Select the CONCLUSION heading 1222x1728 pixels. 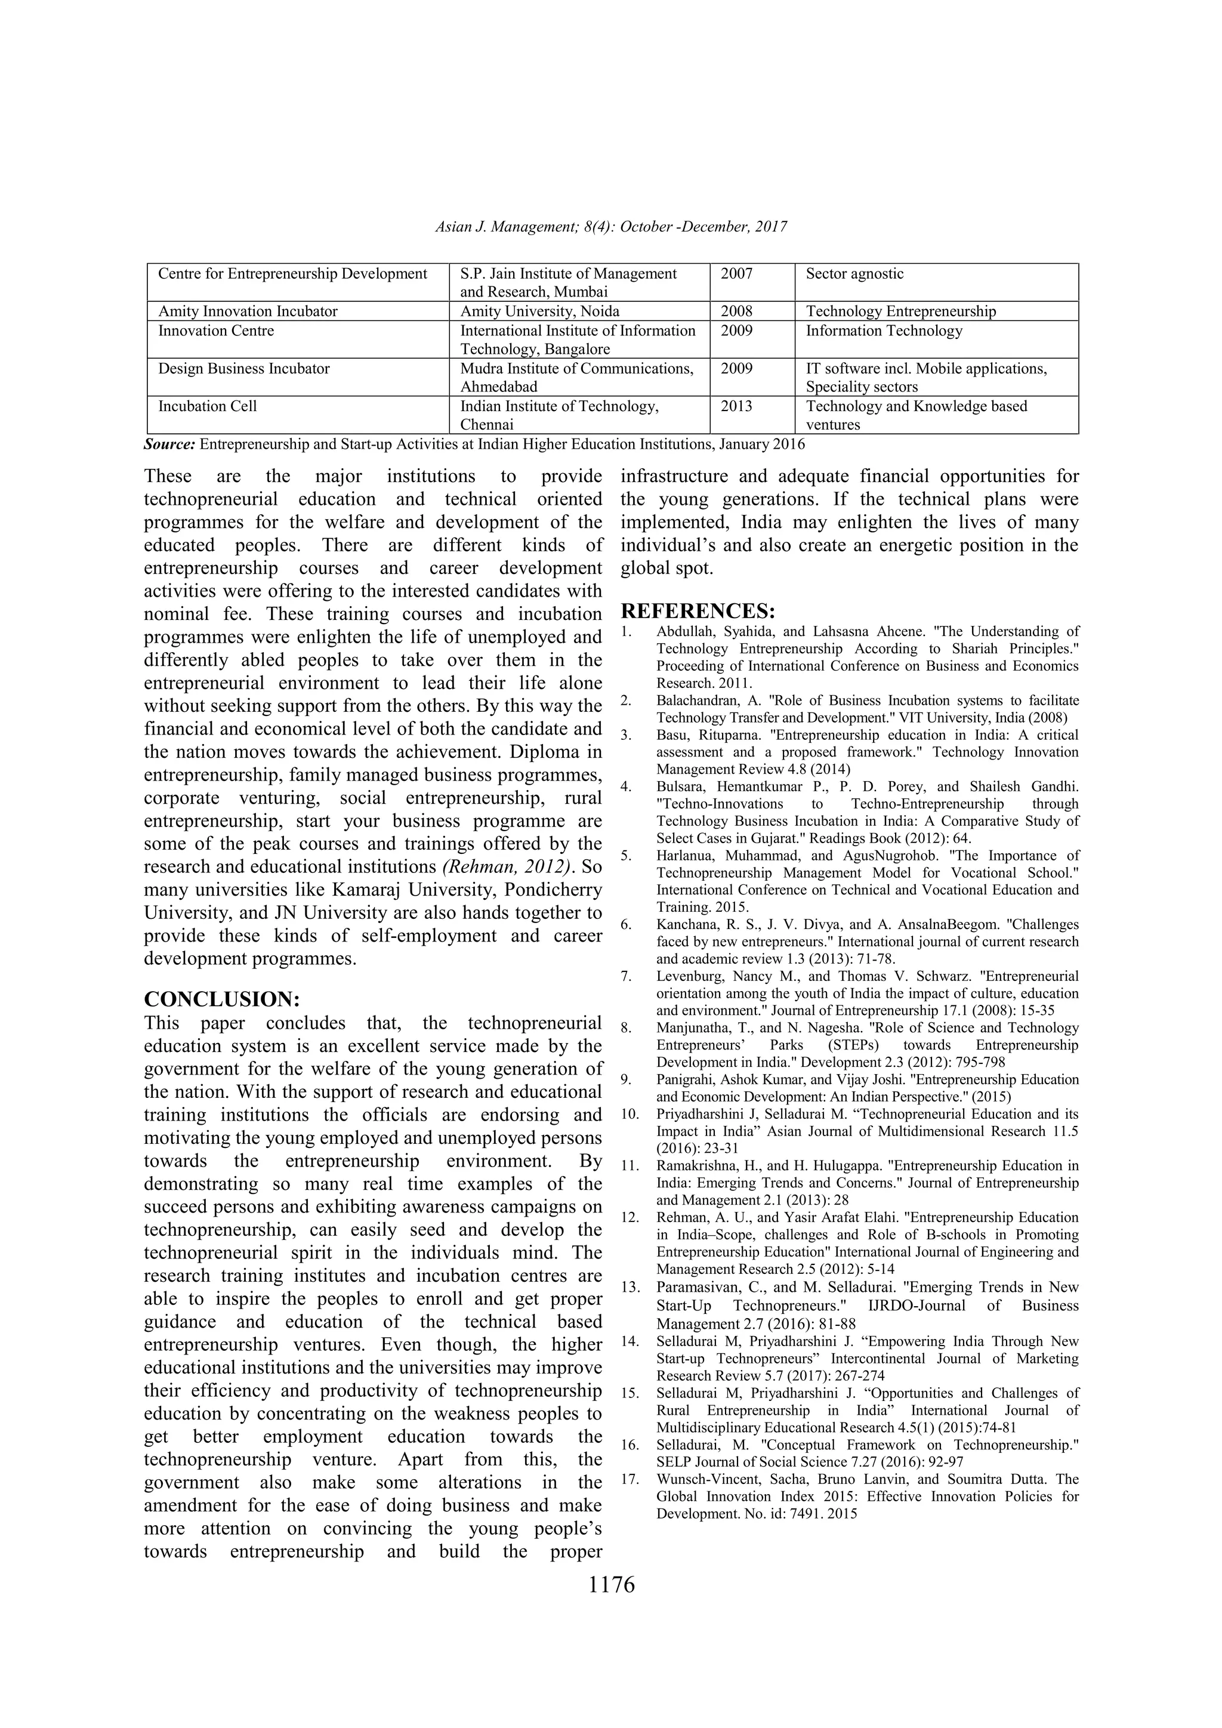pos(222,999)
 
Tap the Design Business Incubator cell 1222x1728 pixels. pos(244,369)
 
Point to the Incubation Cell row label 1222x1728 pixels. pos(208,406)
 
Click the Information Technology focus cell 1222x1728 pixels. pos(884,331)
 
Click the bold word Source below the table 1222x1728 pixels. pos(169,444)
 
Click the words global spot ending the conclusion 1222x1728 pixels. pos(666,568)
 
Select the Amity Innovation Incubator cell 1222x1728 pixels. pos(248,311)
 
